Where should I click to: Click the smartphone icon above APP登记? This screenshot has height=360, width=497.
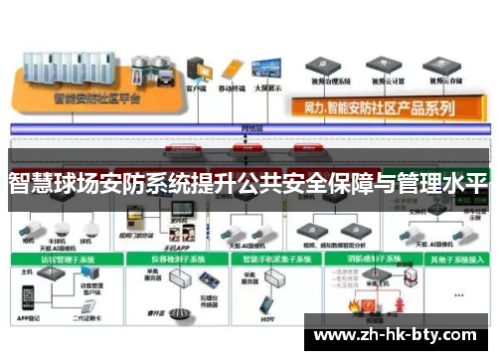(27, 296)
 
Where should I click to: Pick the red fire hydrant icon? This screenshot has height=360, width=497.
(400, 297)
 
